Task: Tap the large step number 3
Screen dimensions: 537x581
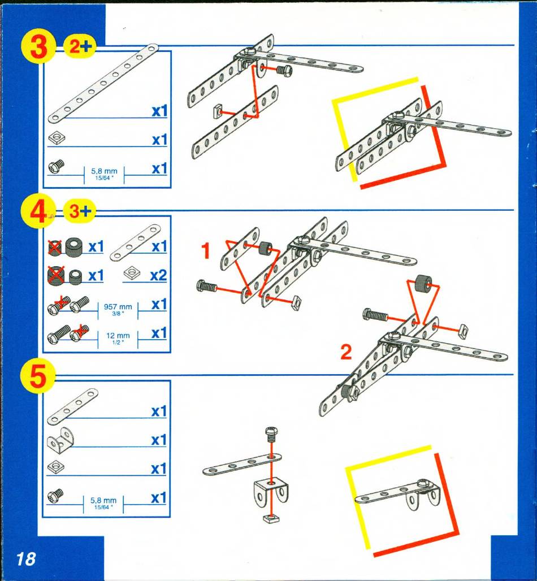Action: [38, 48]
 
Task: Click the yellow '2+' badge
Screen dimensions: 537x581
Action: [80, 46]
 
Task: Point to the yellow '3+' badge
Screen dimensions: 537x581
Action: [80, 211]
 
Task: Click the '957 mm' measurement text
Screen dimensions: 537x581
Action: [118, 307]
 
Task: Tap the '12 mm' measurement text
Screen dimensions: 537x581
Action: [118, 336]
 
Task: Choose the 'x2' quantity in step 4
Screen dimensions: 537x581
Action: [158, 276]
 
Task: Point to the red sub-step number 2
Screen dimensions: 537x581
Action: [346, 352]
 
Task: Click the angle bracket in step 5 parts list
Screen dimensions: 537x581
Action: [61, 440]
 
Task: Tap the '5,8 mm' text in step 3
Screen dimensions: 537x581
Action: [104, 171]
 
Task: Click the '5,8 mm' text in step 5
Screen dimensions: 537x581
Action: [103, 501]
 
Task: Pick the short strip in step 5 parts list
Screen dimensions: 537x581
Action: [73, 406]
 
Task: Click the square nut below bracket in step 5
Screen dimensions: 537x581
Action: [271, 518]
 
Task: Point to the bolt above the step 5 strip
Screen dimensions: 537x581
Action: [272, 435]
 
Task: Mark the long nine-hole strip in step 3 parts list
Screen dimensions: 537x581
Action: [103, 84]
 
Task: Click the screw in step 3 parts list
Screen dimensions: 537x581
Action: [57, 166]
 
